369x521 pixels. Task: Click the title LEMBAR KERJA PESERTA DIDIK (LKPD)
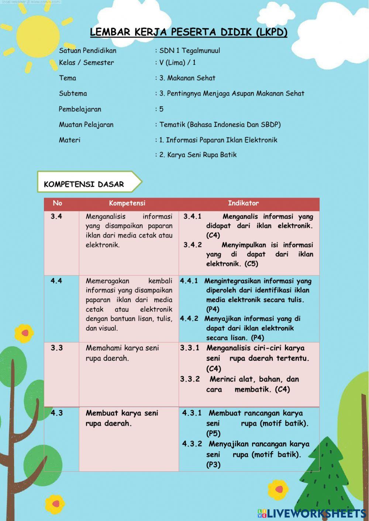click(189, 32)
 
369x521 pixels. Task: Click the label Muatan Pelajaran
click(86, 125)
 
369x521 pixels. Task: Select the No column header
click(58, 203)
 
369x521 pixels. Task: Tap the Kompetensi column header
click(127, 203)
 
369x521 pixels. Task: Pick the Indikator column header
click(243, 203)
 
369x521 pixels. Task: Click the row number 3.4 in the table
click(56, 216)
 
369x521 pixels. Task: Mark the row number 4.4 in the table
click(56, 281)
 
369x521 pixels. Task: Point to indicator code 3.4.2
click(193, 245)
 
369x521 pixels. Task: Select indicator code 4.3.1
click(192, 413)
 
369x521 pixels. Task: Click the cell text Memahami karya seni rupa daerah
click(122, 353)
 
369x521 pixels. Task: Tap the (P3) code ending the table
click(213, 465)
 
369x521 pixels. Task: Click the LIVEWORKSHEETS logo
click(312, 514)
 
